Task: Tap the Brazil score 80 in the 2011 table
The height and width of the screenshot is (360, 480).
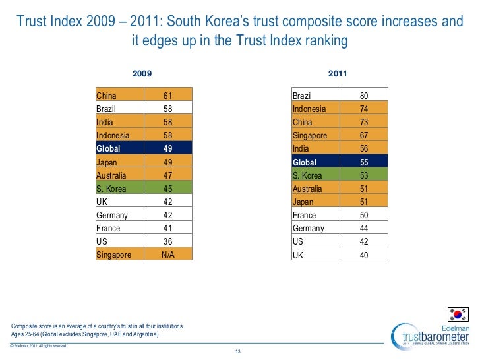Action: click(x=364, y=96)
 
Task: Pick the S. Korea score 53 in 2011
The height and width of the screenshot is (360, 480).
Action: click(x=364, y=175)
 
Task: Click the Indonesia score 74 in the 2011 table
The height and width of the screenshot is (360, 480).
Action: click(x=364, y=109)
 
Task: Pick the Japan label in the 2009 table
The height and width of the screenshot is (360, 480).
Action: click(x=107, y=162)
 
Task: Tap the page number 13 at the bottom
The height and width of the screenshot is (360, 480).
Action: click(x=239, y=350)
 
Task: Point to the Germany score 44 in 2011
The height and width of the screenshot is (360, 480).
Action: click(x=364, y=228)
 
